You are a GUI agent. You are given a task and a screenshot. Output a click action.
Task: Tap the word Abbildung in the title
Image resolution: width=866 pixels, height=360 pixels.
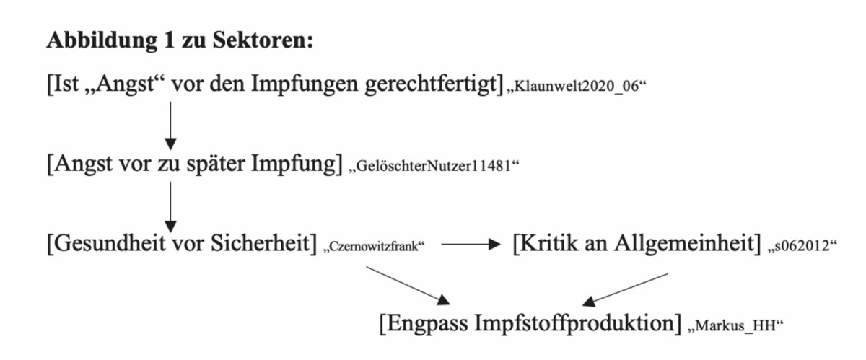[x=102, y=41]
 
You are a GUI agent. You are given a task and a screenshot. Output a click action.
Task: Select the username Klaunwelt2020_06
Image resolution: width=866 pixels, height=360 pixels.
[x=577, y=87]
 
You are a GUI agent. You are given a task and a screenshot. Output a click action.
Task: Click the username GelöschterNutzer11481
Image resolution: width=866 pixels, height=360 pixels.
[x=434, y=166]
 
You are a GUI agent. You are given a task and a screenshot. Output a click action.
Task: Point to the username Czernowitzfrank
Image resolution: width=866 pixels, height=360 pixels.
[x=375, y=246]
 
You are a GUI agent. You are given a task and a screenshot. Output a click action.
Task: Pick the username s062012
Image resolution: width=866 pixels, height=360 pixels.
[x=802, y=246]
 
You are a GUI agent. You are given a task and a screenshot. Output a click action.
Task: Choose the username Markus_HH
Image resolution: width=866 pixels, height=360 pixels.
[x=735, y=326]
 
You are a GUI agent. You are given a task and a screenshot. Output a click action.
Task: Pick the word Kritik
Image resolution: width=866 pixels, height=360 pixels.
[x=548, y=244]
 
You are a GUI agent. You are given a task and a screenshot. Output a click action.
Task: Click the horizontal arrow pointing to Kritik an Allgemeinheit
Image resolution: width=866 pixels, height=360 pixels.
[x=471, y=244]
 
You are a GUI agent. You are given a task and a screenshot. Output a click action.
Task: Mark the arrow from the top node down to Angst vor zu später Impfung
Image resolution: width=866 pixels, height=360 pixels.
[x=170, y=126]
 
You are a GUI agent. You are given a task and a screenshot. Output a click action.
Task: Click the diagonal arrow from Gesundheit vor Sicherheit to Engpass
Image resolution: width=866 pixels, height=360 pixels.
[x=408, y=286]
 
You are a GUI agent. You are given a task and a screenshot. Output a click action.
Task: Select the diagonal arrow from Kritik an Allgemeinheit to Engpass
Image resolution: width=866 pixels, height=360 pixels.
[x=625, y=290]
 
